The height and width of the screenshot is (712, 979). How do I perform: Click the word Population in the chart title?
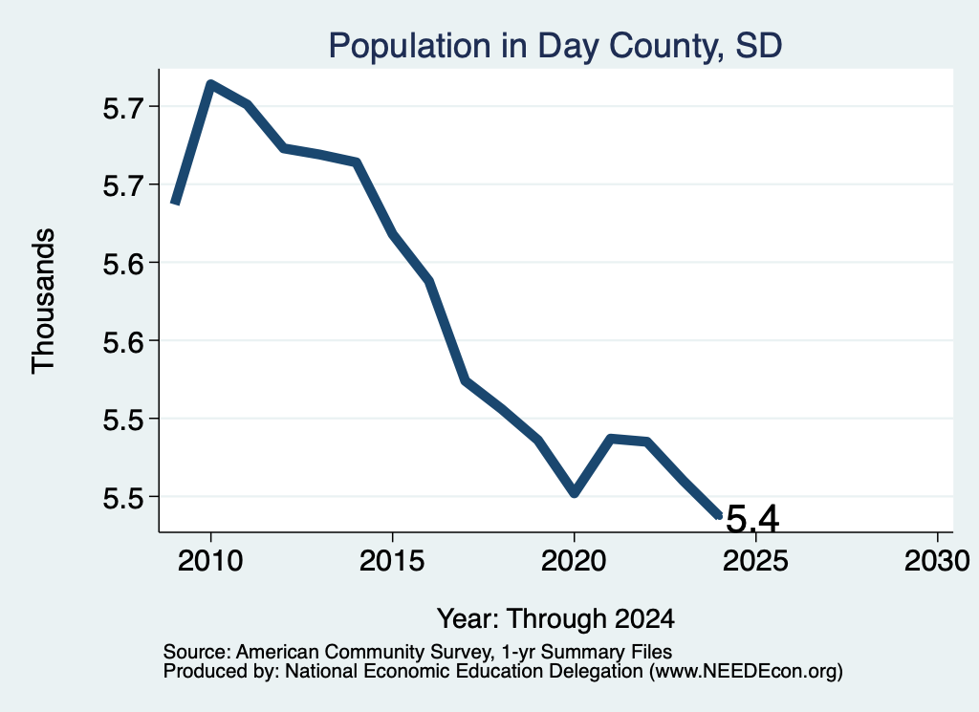tap(410, 46)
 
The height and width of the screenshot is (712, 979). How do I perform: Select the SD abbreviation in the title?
tap(759, 46)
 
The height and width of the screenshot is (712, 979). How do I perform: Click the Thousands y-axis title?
tap(43, 301)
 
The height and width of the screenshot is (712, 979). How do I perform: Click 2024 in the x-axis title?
tap(644, 618)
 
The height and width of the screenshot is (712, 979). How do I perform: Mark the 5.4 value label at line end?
tap(753, 519)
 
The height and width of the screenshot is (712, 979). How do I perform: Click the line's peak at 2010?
tap(211, 84)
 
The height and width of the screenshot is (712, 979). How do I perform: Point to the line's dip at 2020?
tap(575, 493)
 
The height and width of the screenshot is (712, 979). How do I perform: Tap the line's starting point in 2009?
tap(176, 202)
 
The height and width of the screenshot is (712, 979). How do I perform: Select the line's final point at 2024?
tap(718, 515)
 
